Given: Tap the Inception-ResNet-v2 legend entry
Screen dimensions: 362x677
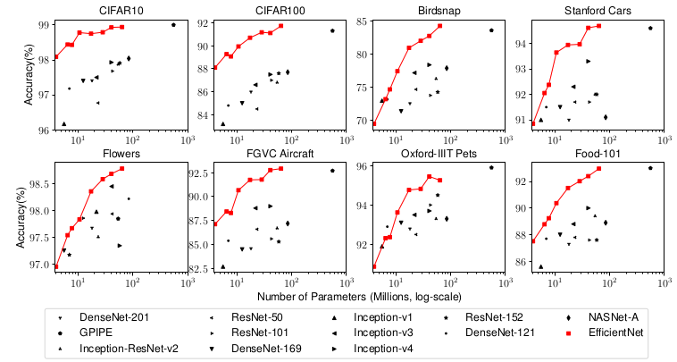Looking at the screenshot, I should tap(129, 348).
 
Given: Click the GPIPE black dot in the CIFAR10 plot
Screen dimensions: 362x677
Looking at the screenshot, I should tap(173, 25).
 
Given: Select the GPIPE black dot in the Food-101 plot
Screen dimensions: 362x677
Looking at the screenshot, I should tap(650, 168).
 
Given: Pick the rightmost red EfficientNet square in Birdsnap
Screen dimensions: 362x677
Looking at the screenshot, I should tap(440, 26).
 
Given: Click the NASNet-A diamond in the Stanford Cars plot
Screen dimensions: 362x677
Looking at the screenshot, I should tap(606, 117).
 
